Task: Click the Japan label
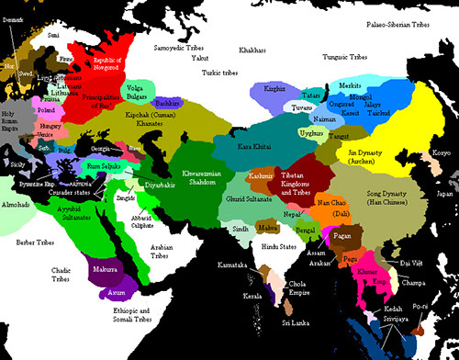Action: pyautogui.click(x=443, y=194)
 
